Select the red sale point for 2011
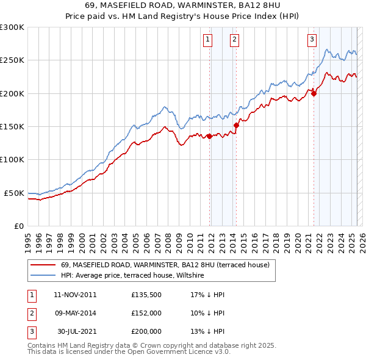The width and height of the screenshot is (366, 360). pyautogui.click(x=209, y=136)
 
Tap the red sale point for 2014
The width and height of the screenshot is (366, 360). pyautogui.click(x=236, y=125)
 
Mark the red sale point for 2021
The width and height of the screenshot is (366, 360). pyautogui.click(x=314, y=93)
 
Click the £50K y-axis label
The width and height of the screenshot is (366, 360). pyautogui.click(x=14, y=193)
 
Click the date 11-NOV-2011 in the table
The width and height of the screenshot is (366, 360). pyautogui.click(x=75, y=295)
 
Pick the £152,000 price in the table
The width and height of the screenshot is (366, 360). pyautogui.click(x=146, y=313)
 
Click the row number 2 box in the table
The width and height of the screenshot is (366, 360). pyautogui.click(x=30, y=313)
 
